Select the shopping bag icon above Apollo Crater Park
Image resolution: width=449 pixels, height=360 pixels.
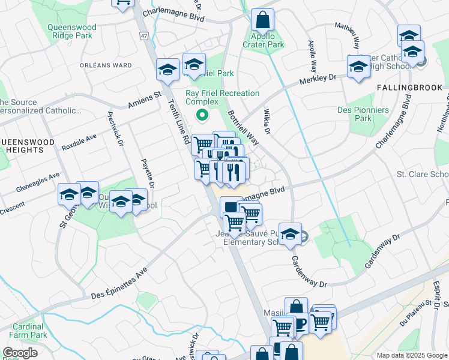[x=262, y=21]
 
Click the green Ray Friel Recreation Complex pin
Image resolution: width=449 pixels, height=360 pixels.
[x=202, y=115]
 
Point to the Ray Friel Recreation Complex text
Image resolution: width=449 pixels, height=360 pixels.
[x=222, y=98]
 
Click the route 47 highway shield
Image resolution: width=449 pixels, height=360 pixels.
[x=144, y=37]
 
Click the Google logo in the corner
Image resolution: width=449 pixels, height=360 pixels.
[x=20, y=353]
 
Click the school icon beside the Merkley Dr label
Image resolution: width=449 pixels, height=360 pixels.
[x=358, y=67]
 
